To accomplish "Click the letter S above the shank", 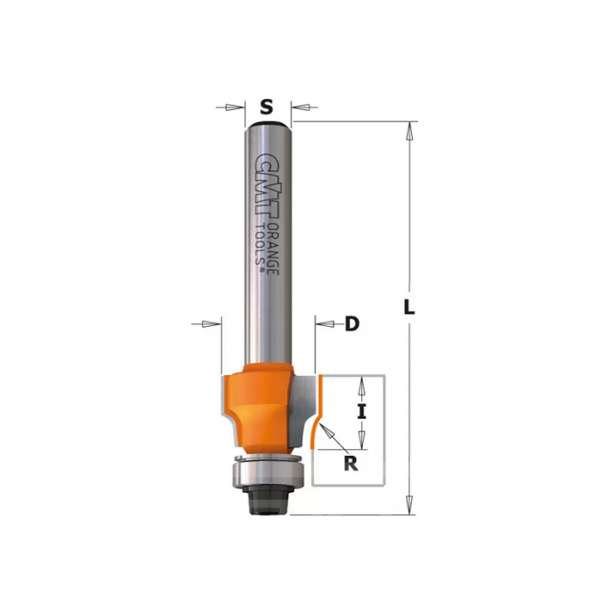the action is click(x=266, y=106).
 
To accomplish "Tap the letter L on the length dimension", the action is click(x=409, y=307).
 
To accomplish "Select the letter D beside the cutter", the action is click(x=352, y=324).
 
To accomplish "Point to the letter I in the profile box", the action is click(x=362, y=412).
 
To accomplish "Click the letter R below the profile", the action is click(x=351, y=464).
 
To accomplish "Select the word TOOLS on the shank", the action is click(x=260, y=245).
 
